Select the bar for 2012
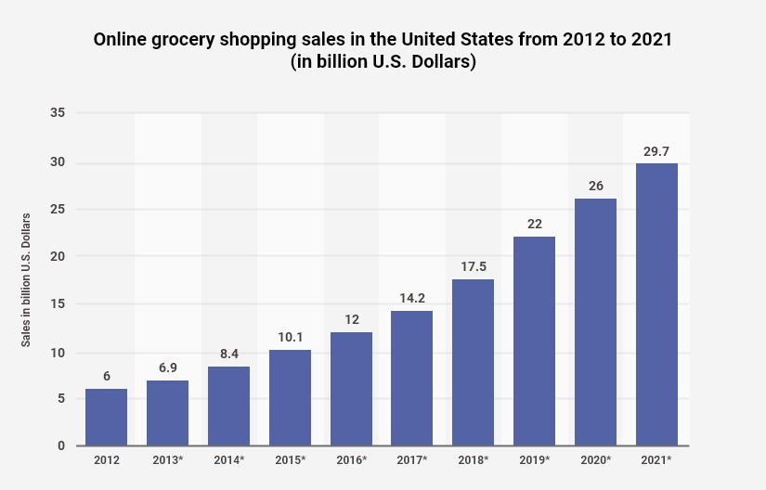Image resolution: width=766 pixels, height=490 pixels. click(x=106, y=417)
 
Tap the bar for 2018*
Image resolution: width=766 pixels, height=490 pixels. click(x=473, y=362)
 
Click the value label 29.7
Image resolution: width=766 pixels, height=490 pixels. click(x=656, y=149)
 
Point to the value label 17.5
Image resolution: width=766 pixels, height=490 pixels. click(x=473, y=265)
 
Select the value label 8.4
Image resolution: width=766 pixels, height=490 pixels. click(x=228, y=353)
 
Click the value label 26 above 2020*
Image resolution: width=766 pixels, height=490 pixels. click(x=595, y=185)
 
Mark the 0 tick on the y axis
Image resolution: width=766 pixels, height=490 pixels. click(x=60, y=446)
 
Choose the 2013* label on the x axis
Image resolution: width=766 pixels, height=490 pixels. click(x=167, y=461)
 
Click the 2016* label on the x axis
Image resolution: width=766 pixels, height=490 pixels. click(x=351, y=461)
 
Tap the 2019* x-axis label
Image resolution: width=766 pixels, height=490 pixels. click(x=534, y=461)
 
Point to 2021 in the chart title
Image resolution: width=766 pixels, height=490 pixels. click(x=650, y=42)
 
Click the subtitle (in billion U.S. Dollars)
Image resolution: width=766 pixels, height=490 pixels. click(x=383, y=63)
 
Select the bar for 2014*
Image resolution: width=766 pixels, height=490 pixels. click(x=228, y=406)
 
